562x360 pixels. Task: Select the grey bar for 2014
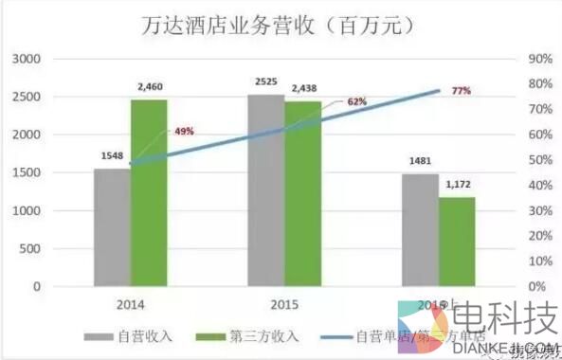click(x=112, y=227)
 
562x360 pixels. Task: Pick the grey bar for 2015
click(x=266, y=190)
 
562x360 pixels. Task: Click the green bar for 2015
click(x=303, y=193)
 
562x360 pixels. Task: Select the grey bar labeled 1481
click(x=420, y=229)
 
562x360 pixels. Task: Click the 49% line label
click(x=184, y=131)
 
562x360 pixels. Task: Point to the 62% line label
click(x=356, y=101)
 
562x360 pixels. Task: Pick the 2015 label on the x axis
click(x=284, y=305)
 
